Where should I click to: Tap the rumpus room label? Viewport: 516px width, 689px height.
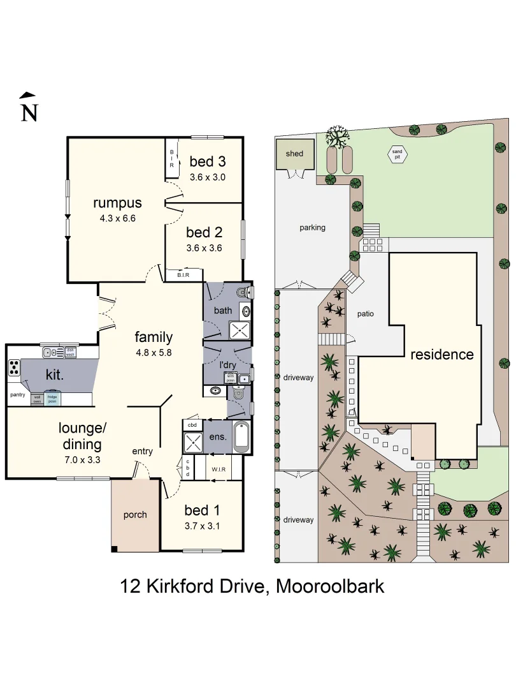[117, 203]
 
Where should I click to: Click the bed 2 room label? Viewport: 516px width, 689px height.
[204, 233]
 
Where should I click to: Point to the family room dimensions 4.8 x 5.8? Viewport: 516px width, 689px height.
[153, 352]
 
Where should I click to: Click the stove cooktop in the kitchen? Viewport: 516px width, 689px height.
[14, 368]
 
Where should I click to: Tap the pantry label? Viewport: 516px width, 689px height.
[17, 395]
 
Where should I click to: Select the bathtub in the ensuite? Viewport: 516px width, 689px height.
[241, 437]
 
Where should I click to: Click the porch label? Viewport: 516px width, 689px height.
[135, 515]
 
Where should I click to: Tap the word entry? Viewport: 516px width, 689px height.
[142, 452]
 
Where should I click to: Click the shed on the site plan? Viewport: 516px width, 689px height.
[294, 154]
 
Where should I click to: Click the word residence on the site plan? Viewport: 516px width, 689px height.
[441, 355]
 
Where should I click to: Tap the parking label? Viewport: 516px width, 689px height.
[312, 227]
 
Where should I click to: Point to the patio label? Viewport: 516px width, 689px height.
[365, 314]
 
